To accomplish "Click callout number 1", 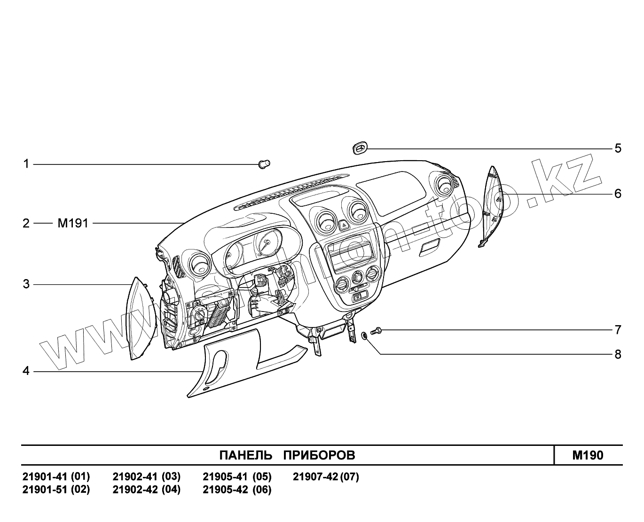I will click(26, 164).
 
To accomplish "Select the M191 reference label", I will click(73, 223).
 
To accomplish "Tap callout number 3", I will click(26, 284).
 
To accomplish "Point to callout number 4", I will click(26, 371).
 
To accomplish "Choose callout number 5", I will click(618, 148).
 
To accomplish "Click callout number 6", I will click(618, 194).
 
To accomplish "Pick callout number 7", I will click(618, 330).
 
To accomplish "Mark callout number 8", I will click(618, 354).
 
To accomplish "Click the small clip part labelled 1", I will click(265, 164).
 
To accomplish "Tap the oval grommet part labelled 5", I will click(360, 149).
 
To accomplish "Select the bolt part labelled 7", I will click(376, 331).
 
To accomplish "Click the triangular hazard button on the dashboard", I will click(344, 225).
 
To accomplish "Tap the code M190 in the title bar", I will click(588, 455).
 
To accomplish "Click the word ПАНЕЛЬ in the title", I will click(246, 455).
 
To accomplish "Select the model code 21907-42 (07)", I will click(326, 477).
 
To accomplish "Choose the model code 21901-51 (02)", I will click(56, 490).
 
